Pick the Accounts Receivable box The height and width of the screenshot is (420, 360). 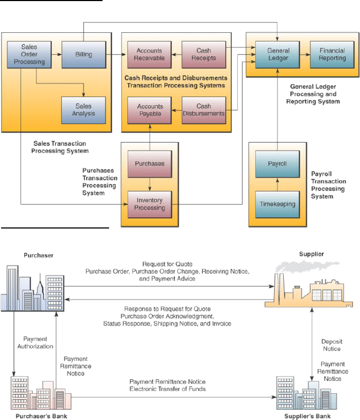(x=149, y=54)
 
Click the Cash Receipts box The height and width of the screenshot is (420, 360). (x=203, y=54)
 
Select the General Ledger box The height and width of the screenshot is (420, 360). (x=278, y=54)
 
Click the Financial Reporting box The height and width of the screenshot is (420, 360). (x=332, y=54)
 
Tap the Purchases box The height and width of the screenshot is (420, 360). (x=149, y=164)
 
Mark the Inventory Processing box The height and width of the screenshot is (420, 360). (x=149, y=204)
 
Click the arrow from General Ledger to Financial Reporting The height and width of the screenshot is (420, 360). (x=305, y=54)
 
